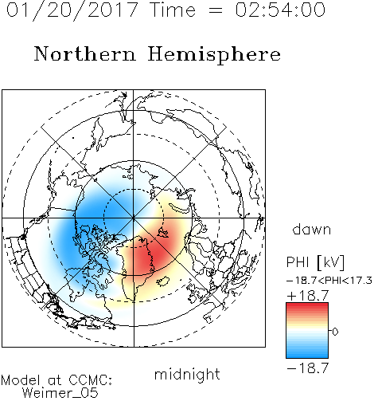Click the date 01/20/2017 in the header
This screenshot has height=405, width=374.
coord(72,10)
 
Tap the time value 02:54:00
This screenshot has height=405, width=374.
coord(280,10)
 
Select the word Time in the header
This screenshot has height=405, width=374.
coord(173,10)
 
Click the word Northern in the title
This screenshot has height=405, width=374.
coord(85,53)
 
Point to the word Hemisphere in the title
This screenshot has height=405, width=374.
coord(214,55)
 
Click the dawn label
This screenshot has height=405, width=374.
coord(312,229)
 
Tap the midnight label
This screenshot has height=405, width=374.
coord(187,374)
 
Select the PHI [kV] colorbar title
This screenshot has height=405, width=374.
coord(315,262)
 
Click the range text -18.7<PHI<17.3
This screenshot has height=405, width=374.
coord(329,281)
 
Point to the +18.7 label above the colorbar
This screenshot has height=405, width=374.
coord(308,296)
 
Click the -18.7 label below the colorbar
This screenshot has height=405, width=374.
coord(308,368)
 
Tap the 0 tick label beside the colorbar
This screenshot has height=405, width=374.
coord(335,332)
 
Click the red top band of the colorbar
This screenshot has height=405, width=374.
coord(307,308)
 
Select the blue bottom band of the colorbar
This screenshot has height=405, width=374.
coord(307,353)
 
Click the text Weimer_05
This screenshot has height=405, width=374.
coord(60,393)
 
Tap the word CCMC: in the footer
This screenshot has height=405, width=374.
coord(90,380)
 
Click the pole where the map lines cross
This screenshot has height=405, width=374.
coord(134,218)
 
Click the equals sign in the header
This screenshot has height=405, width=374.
coord(216,10)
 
